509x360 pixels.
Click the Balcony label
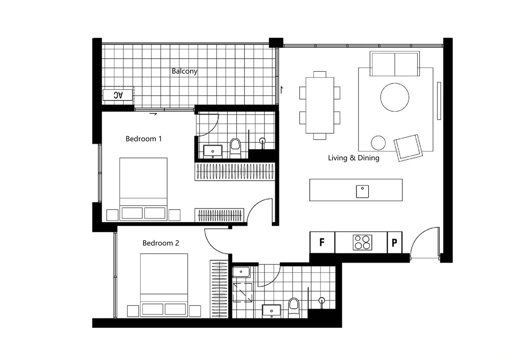click(x=184, y=71)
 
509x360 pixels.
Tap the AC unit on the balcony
click(x=118, y=95)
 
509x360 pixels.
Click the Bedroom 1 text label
click(x=143, y=139)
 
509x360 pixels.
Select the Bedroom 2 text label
click(x=160, y=243)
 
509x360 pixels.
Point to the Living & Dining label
click(x=354, y=158)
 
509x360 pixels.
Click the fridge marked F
click(x=322, y=242)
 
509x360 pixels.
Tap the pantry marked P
click(x=394, y=243)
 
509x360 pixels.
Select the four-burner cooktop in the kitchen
click(x=362, y=242)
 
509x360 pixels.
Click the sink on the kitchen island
click(x=362, y=191)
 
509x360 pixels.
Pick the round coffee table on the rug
click(x=395, y=97)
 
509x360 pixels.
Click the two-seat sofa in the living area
click(x=395, y=64)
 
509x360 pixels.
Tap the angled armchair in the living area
click(x=408, y=147)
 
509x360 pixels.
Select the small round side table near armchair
click(x=378, y=143)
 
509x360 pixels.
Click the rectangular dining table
click(x=320, y=105)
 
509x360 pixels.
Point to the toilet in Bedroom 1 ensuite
click(x=235, y=147)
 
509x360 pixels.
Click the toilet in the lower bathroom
click(x=294, y=306)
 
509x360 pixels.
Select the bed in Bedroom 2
click(x=164, y=285)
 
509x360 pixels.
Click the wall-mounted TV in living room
click(x=439, y=101)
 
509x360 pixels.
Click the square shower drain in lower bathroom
click(x=242, y=293)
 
